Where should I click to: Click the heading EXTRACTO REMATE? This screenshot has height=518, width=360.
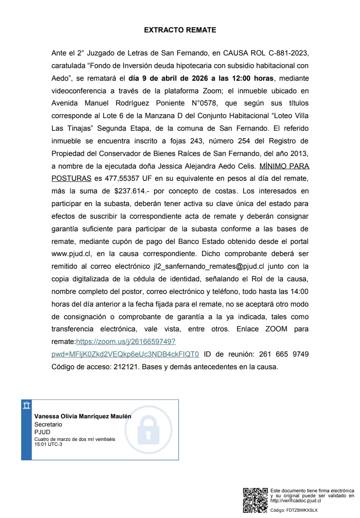pos(180,30)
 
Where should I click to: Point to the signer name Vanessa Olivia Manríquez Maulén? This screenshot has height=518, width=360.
pos(83,417)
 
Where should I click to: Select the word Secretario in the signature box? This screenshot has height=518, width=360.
pos(48,424)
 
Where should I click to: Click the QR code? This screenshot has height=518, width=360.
pos(255,500)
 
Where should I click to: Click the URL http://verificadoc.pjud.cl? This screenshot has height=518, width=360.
pos(296,500)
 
